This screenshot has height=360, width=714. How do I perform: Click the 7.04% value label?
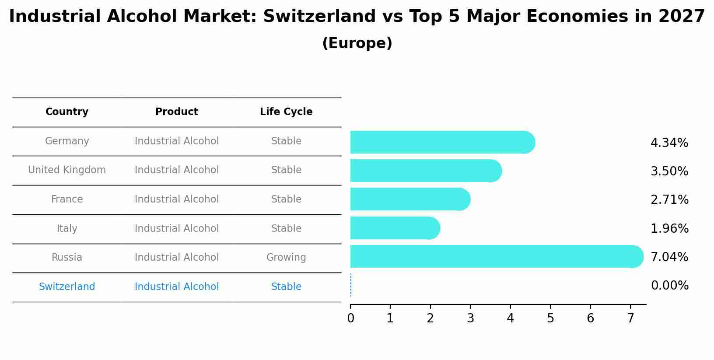click(x=669, y=257)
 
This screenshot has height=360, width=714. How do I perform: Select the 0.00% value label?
click(x=669, y=286)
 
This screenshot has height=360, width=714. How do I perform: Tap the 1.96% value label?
click(x=669, y=228)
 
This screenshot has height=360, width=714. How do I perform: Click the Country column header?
click(x=67, y=112)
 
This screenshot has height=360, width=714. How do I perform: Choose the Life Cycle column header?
click(x=286, y=112)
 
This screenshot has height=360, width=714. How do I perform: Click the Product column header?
click(x=177, y=112)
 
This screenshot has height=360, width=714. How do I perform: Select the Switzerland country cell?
click(x=67, y=287)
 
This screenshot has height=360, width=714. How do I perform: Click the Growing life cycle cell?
click(x=286, y=257)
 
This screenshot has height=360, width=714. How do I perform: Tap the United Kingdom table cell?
click(x=67, y=170)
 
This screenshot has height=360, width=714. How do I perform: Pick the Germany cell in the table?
click(x=67, y=141)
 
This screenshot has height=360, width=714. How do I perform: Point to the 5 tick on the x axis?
click(x=550, y=318)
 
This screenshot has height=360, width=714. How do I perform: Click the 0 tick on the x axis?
click(x=350, y=318)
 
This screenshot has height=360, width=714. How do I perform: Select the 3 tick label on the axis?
click(x=470, y=318)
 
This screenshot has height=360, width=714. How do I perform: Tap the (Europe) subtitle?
click(x=357, y=43)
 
